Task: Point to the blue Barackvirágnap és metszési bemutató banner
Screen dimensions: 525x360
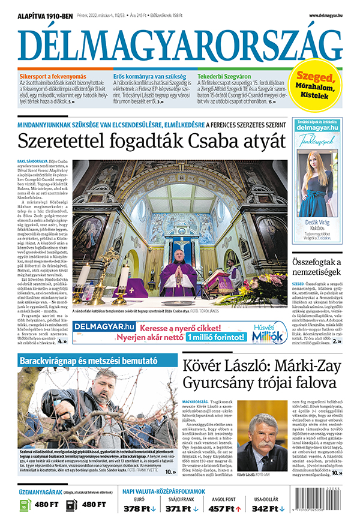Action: point(89,361)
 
